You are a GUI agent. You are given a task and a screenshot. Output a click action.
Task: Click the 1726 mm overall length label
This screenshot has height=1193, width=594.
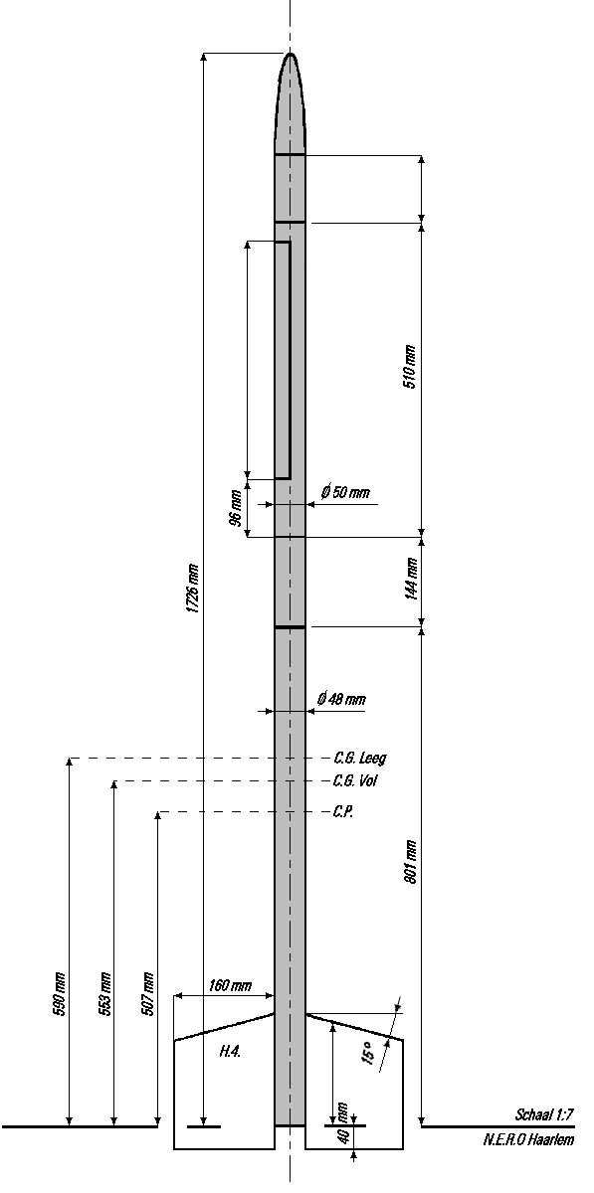click(193, 588)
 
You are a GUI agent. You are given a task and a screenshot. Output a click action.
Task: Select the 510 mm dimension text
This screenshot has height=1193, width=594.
click(410, 367)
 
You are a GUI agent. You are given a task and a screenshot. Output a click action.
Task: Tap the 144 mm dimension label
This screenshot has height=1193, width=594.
click(411, 579)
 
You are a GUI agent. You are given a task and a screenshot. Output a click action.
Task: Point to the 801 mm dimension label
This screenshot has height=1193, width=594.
click(411, 862)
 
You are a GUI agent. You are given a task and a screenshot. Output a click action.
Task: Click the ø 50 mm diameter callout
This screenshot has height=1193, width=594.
click(345, 492)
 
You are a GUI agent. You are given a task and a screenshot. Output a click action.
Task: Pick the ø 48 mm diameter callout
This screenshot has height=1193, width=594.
click(341, 699)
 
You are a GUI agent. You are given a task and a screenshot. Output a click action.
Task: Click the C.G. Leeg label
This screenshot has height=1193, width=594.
click(360, 758)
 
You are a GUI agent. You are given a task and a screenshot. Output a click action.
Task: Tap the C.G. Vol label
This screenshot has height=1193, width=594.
click(355, 780)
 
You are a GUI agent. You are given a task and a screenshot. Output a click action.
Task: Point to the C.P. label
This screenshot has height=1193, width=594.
click(343, 811)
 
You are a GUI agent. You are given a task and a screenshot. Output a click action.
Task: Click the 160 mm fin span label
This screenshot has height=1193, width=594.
click(230, 985)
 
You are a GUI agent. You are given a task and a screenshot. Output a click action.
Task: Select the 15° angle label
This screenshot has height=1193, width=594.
click(369, 1053)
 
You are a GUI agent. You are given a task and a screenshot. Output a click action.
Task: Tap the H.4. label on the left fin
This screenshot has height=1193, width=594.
click(231, 1051)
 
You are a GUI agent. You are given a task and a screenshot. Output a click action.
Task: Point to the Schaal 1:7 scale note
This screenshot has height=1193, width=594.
click(544, 1114)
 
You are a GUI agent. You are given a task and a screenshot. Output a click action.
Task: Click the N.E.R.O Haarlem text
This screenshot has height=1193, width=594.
click(528, 1139)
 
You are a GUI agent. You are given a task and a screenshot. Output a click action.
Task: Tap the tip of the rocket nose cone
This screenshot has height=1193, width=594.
click(291, 54)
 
